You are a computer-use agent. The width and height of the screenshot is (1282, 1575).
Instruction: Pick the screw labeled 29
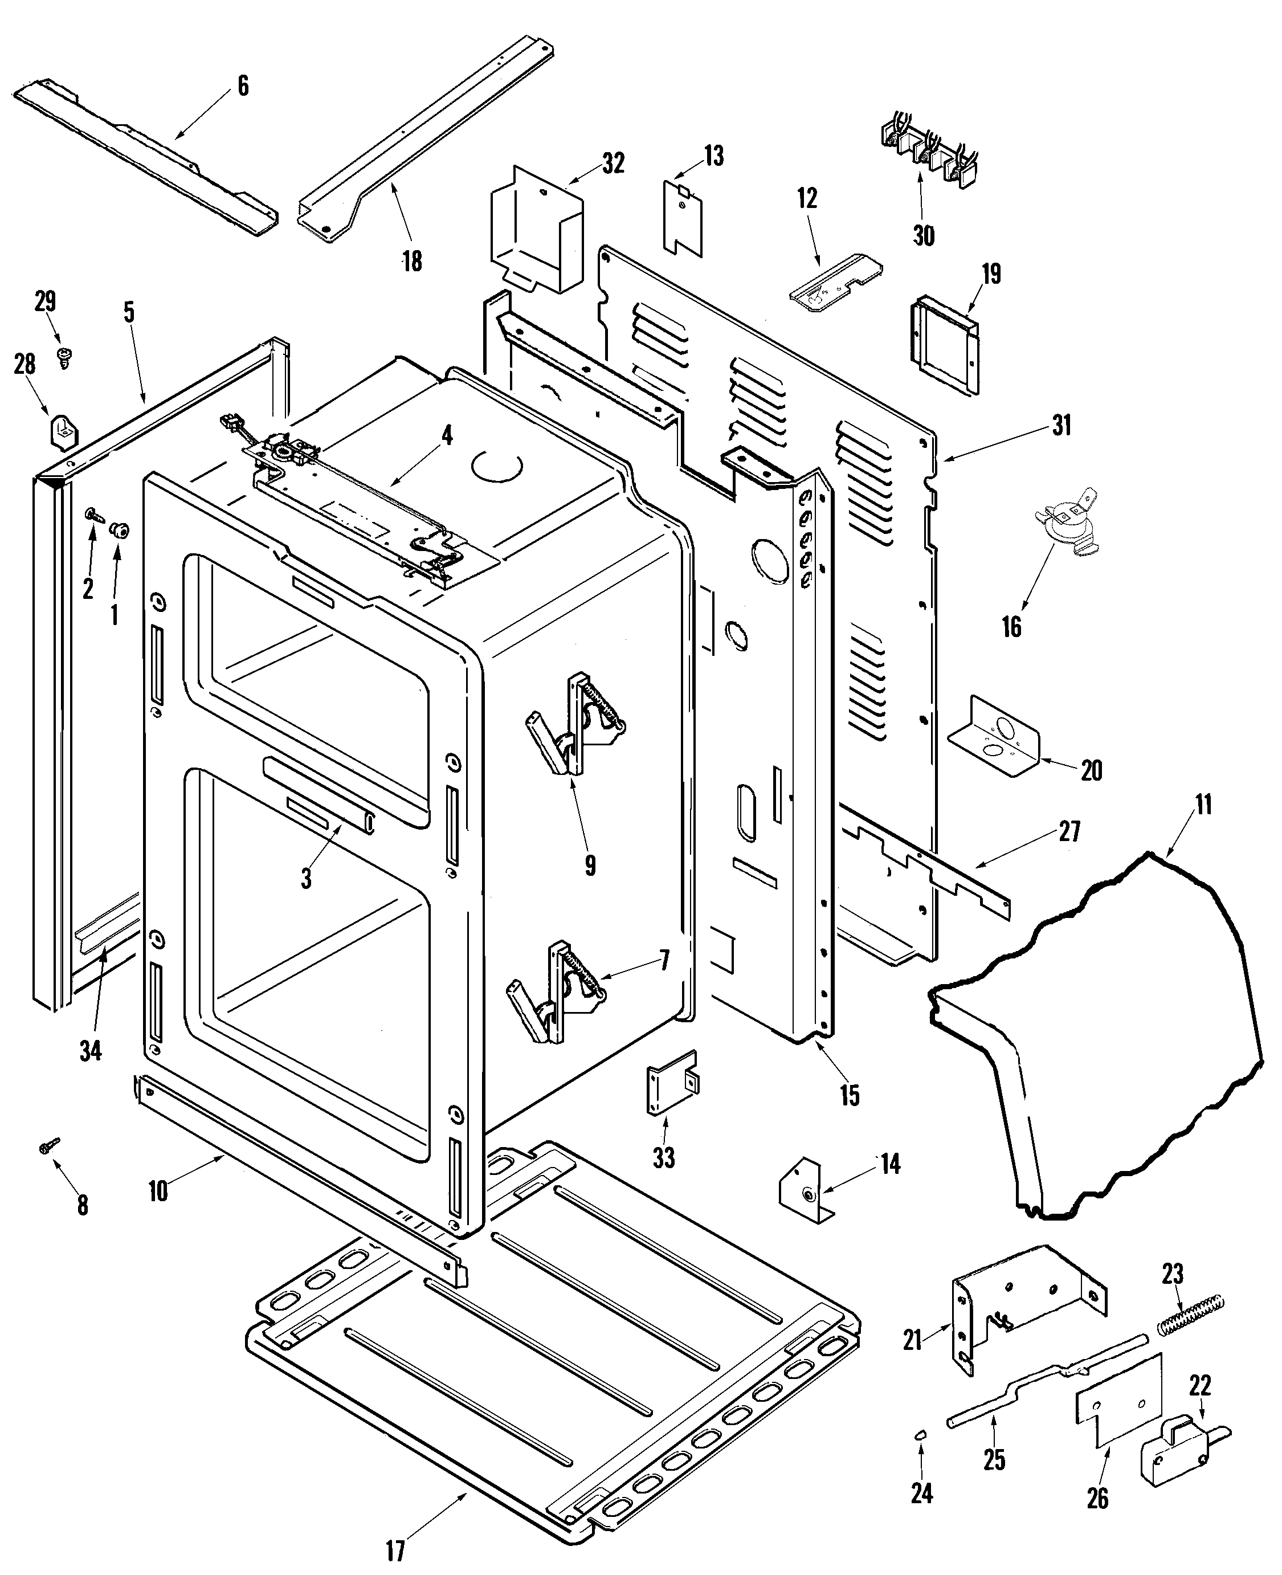(x=63, y=358)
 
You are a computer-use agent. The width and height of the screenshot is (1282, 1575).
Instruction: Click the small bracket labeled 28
(x=60, y=430)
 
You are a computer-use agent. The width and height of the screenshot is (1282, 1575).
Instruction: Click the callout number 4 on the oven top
(x=447, y=436)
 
